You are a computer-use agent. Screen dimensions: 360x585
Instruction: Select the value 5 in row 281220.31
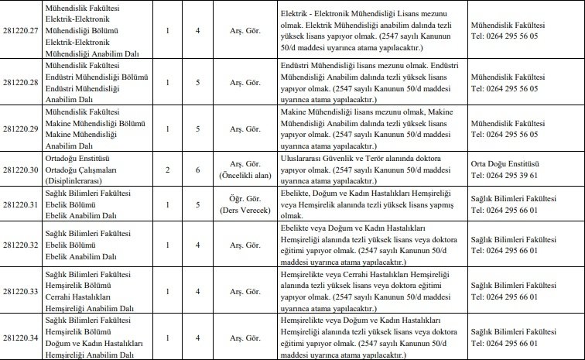[x=199, y=205]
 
